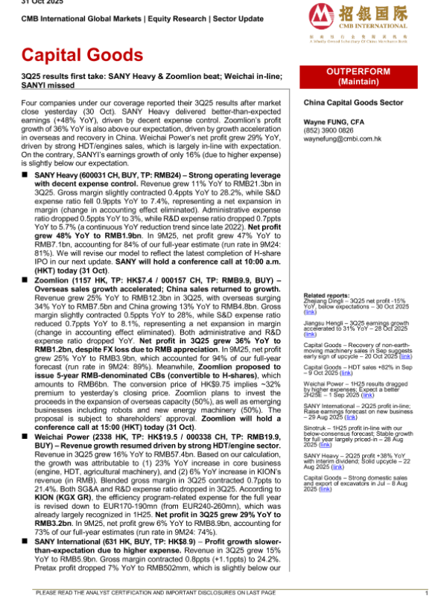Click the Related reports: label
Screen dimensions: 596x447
(325, 296)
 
